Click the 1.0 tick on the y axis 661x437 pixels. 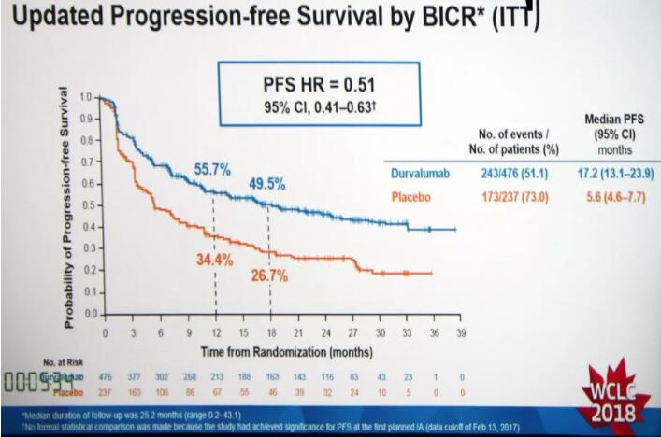click(85, 97)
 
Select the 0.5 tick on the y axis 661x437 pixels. click(85, 205)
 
